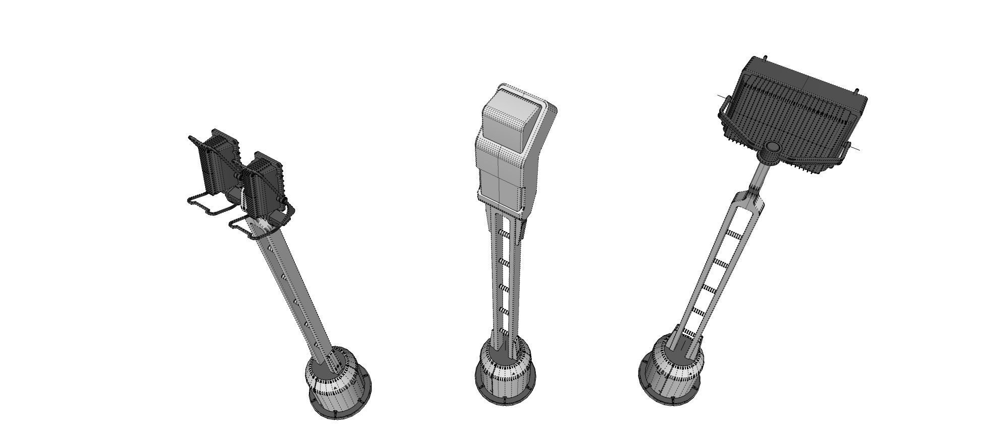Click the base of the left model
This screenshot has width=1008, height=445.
tap(338, 383)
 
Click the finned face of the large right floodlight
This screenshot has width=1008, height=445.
tap(796, 114)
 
